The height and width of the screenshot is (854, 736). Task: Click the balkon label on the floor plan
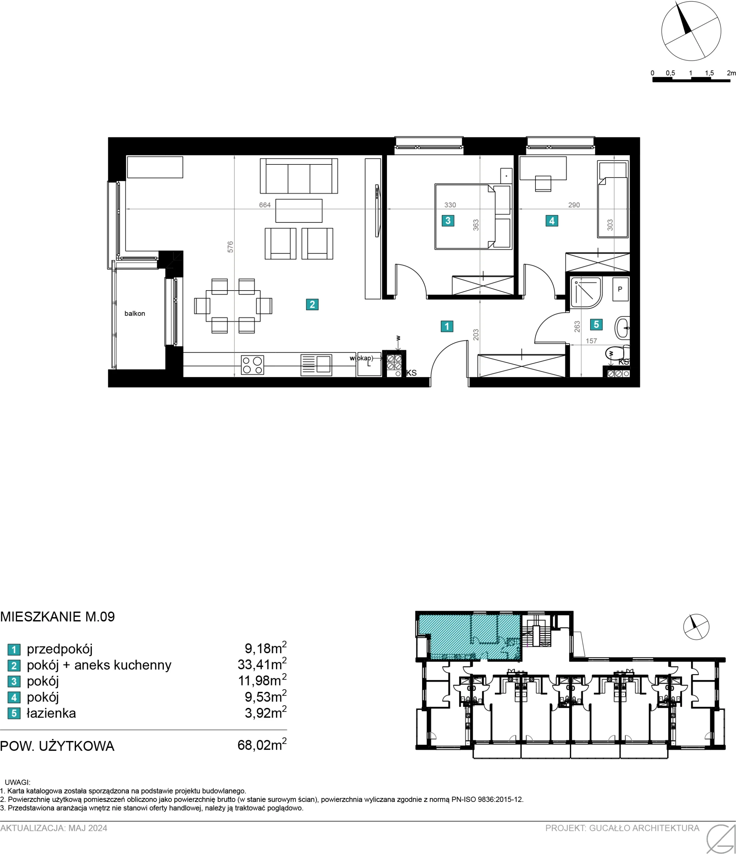[x=135, y=313]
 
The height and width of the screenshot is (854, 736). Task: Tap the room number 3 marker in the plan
[x=448, y=221]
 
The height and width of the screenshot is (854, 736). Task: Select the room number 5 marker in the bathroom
[x=596, y=324]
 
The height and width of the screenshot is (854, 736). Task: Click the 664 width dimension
[x=265, y=205]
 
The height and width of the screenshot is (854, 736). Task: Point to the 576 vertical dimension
[x=231, y=247]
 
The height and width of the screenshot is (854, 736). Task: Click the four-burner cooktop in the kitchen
[x=252, y=365]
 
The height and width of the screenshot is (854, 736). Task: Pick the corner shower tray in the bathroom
[x=587, y=293]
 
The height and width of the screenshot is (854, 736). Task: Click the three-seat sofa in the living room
[x=299, y=176]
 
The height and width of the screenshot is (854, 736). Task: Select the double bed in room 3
[x=473, y=217]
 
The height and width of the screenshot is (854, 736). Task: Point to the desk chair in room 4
[x=543, y=183]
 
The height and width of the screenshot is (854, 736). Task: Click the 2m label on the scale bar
[x=731, y=73]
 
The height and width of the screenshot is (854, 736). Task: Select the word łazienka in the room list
[x=51, y=713]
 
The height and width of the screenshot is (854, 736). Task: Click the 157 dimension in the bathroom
[x=591, y=341]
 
